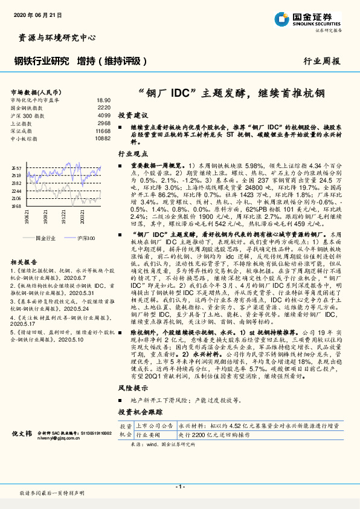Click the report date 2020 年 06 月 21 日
point(36,14)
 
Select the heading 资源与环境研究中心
point(54,38)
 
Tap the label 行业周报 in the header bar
point(322,61)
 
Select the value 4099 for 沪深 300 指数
point(104,115)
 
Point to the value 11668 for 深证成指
point(103,130)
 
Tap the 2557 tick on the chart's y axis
point(16,168)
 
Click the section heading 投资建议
point(132,115)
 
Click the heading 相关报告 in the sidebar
point(25,245)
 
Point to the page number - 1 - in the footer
point(179,487)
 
